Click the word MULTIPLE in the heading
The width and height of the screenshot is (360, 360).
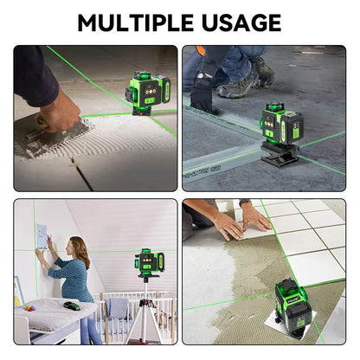pos(135,22)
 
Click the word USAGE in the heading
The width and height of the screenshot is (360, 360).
pos(241,22)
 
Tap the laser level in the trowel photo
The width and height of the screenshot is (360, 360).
pos(148,93)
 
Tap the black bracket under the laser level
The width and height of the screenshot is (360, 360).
pos(280,153)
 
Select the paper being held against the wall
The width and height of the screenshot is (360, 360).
pos(42,236)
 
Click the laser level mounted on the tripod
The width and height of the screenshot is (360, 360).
pos(150,261)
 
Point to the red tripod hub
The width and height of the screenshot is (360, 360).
pos(146,304)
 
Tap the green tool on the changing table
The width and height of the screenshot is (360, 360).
pos(72,305)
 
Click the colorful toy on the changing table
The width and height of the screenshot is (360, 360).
pos(29,307)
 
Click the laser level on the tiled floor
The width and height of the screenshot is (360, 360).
pos(292,305)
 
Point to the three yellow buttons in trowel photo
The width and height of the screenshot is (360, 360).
pos(151,92)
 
